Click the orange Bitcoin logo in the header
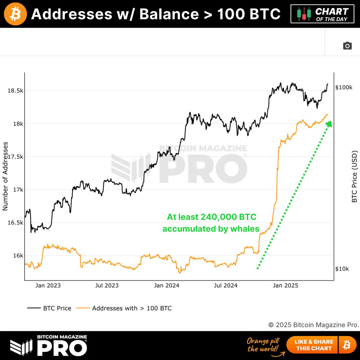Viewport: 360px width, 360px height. pos(15,14)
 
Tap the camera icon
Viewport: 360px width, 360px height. pos(347,46)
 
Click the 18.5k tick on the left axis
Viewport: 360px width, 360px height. pos(15,91)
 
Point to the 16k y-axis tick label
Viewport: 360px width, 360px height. pos(18,256)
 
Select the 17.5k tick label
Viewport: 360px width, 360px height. pos(15,157)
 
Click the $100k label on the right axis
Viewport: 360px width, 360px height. pos(344,87)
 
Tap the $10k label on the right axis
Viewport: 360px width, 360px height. pos(342,269)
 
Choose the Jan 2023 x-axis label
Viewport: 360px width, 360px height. pos(48,286)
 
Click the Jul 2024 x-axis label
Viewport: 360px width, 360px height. pos(226,286)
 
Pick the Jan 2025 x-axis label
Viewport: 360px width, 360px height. pos(286,286)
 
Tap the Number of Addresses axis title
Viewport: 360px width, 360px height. pos(5,176)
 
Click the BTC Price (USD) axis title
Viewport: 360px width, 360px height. pos(354,176)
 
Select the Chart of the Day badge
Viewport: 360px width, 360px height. pos(322,14)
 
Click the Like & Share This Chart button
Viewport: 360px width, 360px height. pos(314,345)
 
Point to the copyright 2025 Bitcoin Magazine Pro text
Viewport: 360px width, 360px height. pos(313,325)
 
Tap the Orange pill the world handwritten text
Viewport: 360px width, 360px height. pos(263,345)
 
